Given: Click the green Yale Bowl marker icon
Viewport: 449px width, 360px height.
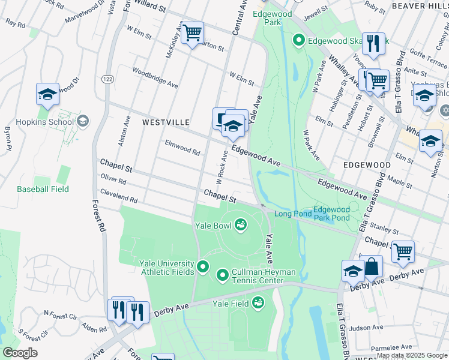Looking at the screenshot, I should (x=241, y=225).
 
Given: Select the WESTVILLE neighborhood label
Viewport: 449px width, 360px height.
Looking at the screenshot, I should (x=166, y=122).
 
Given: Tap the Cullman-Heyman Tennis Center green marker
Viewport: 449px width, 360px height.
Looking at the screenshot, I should (x=223, y=275).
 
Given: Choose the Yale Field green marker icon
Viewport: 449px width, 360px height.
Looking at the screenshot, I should (x=258, y=302).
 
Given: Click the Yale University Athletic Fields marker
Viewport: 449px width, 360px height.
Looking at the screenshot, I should (x=203, y=266).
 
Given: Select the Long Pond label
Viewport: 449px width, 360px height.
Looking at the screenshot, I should (x=293, y=214).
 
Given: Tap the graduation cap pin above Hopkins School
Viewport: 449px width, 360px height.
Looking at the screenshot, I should (x=47, y=94).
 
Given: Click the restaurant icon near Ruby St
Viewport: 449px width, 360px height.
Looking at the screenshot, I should (x=373, y=43).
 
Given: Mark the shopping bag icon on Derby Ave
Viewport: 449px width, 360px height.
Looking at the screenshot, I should (x=372, y=266).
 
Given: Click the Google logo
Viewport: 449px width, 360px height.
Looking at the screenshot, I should (x=19, y=353).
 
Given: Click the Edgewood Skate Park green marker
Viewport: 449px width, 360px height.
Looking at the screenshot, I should (x=298, y=41).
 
